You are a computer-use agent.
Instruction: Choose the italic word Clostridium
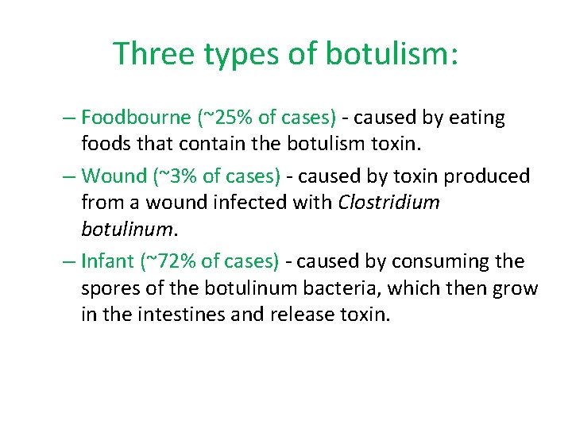tap(389, 203)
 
